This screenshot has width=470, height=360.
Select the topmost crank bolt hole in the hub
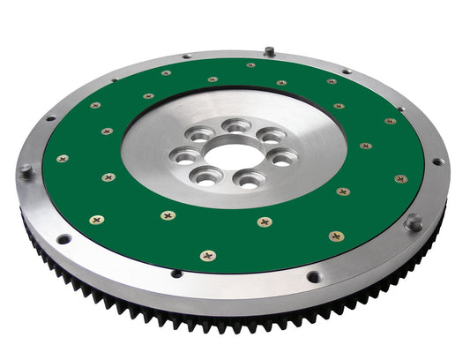click(x=235, y=126)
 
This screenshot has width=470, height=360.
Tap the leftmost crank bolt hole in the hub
click(x=186, y=157)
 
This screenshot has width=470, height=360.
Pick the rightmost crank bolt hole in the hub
click(x=283, y=158)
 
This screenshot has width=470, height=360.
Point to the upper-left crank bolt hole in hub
click(x=200, y=135)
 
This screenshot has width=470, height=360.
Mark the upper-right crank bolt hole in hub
click(x=271, y=135)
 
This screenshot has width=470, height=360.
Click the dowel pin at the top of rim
click(x=269, y=51)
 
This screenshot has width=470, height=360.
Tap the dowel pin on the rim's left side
click(x=26, y=169)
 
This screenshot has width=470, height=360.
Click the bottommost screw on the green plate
click(x=207, y=256)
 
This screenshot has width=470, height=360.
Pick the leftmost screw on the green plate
click(x=63, y=159)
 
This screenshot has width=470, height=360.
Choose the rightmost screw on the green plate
click(x=401, y=179)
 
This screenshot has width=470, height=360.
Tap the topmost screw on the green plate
click(x=250, y=64)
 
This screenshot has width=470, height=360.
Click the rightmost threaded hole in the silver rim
click(x=436, y=161)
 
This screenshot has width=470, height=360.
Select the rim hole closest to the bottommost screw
click(x=176, y=273)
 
